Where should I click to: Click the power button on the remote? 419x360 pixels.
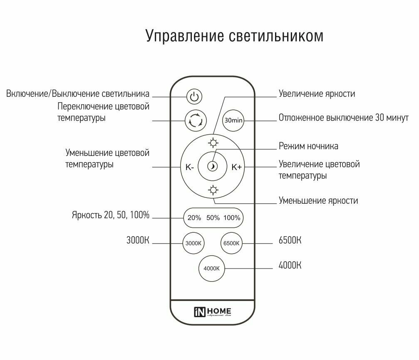click(x=194, y=97)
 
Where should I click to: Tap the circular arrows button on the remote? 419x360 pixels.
click(x=195, y=121)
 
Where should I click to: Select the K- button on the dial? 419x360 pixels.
click(x=190, y=167)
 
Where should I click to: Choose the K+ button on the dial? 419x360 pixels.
click(x=237, y=167)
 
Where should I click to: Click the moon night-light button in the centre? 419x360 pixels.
click(x=213, y=167)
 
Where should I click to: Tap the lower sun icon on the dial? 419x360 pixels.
click(x=213, y=190)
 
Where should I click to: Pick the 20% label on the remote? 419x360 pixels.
click(x=194, y=218)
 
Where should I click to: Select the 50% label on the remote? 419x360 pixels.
click(x=213, y=218)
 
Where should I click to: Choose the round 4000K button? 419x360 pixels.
click(x=212, y=268)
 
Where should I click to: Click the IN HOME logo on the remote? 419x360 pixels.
click(x=213, y=312)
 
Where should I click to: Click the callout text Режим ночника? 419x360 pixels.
click(x=308, y=146)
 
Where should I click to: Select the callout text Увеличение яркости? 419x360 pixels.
click(x=317, y=94)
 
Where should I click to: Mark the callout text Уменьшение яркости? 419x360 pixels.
click(x=318, y=201)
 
